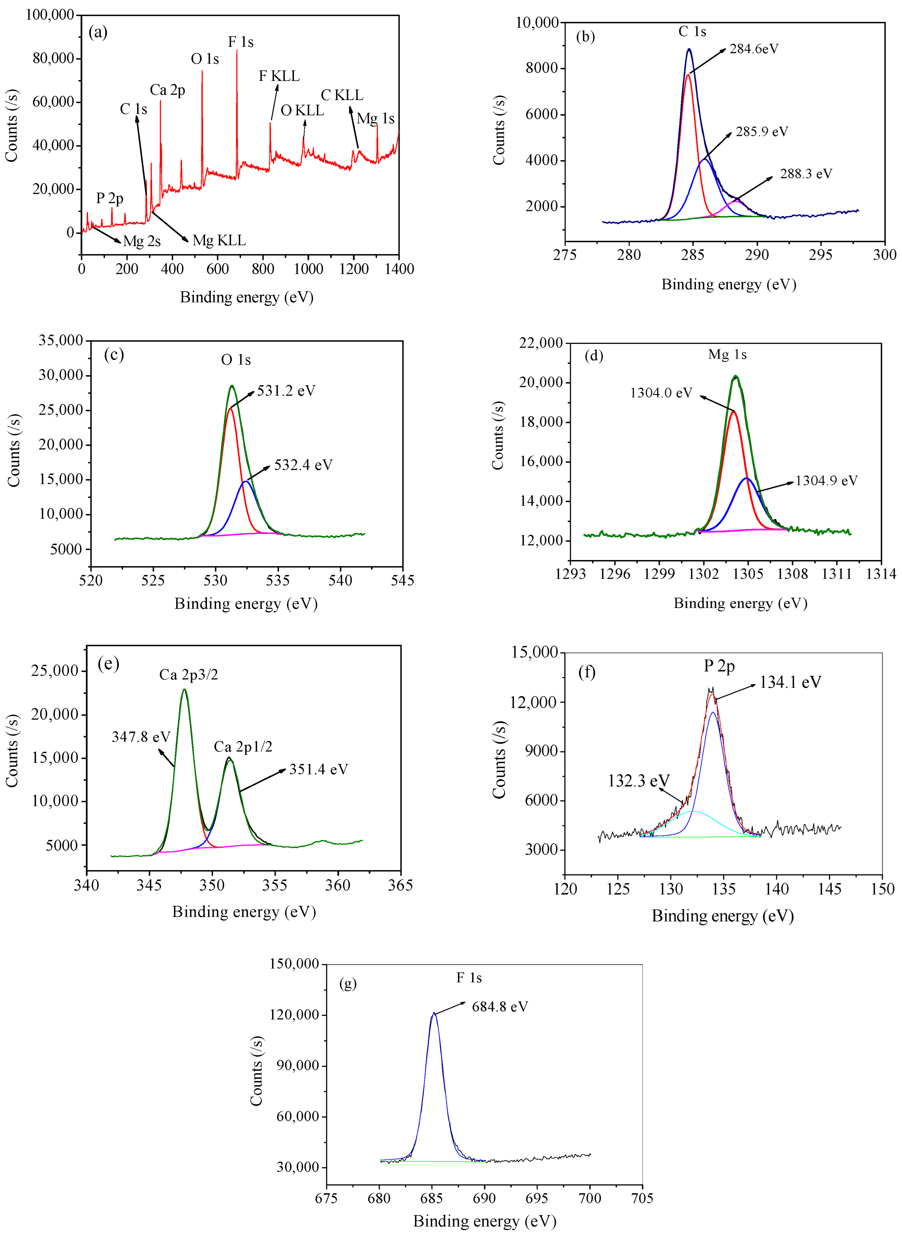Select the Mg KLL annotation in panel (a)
(219, 241)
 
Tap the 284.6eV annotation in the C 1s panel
(754, 49)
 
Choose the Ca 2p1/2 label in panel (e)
(243, 747)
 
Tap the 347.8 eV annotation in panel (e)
(141, 737)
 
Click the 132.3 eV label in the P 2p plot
(638, 781)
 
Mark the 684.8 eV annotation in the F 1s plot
(500, 1007)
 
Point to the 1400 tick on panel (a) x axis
(399, 269)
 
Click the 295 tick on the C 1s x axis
(820, 255)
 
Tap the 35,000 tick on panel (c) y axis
(61, 340)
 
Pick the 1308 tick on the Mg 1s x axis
(792, 574)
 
